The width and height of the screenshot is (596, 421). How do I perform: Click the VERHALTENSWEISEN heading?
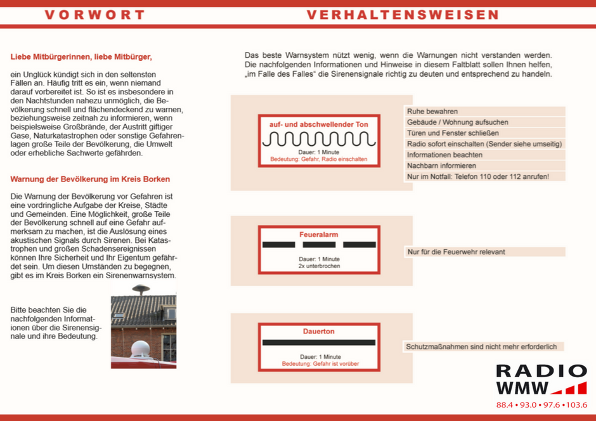pos(403,15)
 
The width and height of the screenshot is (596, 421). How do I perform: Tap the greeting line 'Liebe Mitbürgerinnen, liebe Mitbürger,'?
pos(82,57)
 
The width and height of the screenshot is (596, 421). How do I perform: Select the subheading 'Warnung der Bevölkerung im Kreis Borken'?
pos(90,179)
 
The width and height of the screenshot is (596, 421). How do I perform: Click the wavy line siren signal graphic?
pos(318,139)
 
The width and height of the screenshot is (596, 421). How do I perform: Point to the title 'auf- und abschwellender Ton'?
pos(318,124)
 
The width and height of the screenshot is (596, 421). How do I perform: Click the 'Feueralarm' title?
pos(318,235)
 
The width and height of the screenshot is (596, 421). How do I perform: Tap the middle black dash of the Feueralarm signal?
pos(319,245)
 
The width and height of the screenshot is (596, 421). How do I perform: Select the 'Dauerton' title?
pos(319,332)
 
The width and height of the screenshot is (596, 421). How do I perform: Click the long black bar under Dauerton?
pos(319,342)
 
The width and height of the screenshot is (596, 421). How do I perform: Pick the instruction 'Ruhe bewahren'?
pos(432,112)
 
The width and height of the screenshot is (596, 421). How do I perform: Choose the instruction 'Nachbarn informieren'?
pos(443,165)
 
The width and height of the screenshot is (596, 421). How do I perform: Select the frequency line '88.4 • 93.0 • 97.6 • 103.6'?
pos(541,405)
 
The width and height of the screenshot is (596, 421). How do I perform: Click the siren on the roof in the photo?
pos(141,290)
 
